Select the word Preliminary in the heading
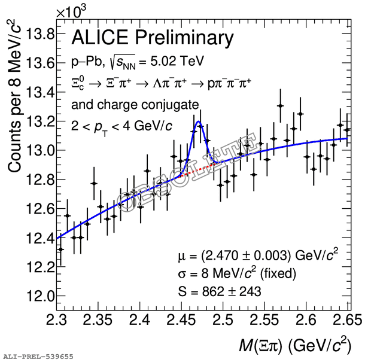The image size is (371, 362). [184, 38]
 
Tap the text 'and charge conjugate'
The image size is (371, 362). [135, 105]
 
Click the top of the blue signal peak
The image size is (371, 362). [199, 122]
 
